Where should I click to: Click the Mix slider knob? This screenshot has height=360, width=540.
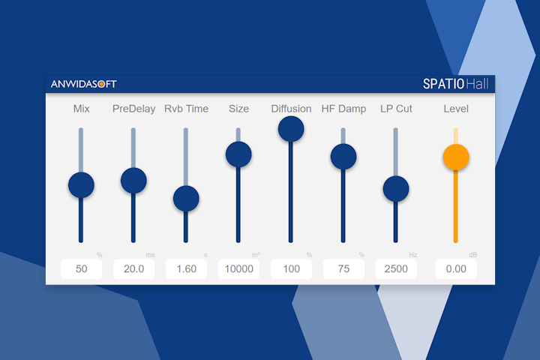click(x=81, y=184)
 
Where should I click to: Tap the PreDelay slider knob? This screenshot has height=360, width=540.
click(x=133, y=180)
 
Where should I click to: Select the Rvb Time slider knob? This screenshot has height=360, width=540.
click(x=186, y=199)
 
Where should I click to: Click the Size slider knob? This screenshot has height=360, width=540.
click(x=238, y=154)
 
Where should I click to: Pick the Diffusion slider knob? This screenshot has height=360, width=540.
click(x=291, y=129)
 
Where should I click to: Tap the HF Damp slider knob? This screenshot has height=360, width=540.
click(x=343, y=156)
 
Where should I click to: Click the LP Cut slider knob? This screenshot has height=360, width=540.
click(x=396, y=188)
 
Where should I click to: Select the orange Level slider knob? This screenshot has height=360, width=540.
click(x=456, y=157)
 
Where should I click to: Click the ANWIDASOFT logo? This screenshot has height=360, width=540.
click(x=83, y=84)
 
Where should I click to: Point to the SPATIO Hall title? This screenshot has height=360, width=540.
click(x=455, y=83)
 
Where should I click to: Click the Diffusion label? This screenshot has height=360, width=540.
click(x=291, y=109)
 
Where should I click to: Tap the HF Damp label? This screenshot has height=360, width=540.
click(x=343, y=109)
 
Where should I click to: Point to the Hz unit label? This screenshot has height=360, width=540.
click(x=412, y=255)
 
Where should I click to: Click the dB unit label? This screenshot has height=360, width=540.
click(x=472, y=255)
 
